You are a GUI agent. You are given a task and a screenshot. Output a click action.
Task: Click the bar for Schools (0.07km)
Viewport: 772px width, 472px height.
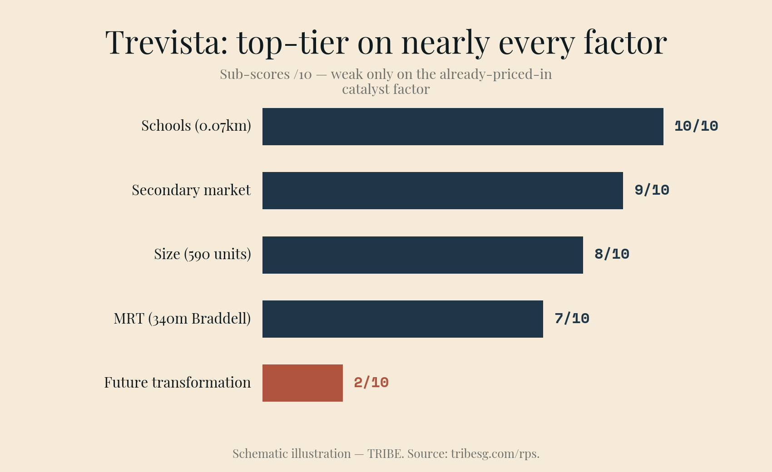(x=463, y=127)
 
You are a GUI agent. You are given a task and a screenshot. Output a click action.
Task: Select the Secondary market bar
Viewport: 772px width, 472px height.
(x=442, y=191)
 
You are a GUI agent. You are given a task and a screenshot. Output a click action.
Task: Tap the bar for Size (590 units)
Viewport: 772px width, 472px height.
(x=422, y=255)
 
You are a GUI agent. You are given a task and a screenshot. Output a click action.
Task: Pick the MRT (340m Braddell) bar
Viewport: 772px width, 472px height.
(x=402, y=319)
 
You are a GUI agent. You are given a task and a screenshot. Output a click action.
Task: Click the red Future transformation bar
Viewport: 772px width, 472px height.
(x=302, y=383)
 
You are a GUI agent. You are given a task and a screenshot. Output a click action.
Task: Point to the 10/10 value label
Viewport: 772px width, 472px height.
(x=696, y=126)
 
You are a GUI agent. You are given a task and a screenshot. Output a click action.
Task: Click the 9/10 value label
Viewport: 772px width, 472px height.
(x=652, y=190)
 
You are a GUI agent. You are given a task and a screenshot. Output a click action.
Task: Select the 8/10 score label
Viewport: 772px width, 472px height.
(x=612, y=254)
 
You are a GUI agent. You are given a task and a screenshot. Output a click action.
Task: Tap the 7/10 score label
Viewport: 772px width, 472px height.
(x=572, y=319)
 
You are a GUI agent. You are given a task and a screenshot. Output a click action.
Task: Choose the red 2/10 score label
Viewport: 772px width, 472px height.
(x=371, y=383)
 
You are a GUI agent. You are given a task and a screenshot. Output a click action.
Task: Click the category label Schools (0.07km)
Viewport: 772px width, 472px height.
(x=196, y=126)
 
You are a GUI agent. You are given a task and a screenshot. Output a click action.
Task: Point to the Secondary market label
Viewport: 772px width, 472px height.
(x=191, y=190)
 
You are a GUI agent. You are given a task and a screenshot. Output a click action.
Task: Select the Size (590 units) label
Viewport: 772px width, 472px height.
(x=202, y=254)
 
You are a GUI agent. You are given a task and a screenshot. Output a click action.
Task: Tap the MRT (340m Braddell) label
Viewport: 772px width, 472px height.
(x=182, y=319)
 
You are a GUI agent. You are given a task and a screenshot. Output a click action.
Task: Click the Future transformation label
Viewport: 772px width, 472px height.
(x=178, y=383)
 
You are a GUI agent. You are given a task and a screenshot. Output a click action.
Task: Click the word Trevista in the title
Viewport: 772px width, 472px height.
(x=167, y=42)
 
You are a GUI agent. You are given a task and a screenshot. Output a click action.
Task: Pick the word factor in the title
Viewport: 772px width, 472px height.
(x=625, y=42)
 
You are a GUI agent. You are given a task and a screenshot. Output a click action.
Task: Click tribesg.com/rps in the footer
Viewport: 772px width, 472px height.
(x=494, y=454)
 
